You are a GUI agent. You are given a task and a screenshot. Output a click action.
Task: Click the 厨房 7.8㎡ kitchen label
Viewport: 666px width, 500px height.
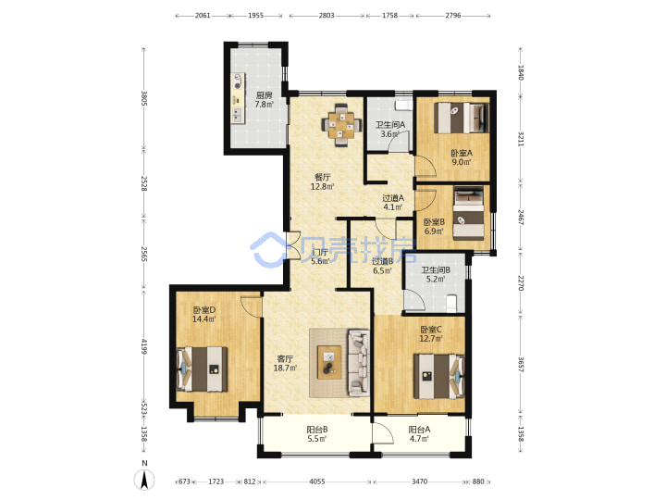pos(264,100)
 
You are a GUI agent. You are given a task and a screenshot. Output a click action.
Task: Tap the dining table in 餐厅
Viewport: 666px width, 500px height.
pos(341,125)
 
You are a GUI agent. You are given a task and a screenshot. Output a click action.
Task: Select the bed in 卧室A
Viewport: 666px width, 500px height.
pos(461,117)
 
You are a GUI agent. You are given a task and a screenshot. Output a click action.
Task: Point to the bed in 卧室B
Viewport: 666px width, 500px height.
pos(468,213)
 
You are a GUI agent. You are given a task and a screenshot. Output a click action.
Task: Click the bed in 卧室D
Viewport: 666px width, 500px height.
pos(202,369)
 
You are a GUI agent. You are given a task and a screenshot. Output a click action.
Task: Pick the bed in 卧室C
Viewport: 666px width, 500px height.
pos(439,376)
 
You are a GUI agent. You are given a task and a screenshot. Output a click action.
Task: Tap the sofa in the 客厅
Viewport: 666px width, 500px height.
pos(359,362)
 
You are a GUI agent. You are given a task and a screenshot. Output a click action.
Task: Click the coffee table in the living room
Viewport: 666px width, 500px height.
pos(329,362)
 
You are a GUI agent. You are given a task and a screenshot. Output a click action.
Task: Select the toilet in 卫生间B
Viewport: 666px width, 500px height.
pos(451,302)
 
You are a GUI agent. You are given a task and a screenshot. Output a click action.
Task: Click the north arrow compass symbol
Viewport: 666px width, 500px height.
pos(144,478)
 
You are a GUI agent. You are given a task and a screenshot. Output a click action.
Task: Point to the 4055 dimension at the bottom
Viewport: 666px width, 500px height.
pos(317,481)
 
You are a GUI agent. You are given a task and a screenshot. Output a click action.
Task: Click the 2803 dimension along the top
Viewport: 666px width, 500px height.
pos(327,16)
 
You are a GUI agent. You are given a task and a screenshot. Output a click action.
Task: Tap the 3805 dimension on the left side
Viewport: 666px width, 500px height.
pos(144,98)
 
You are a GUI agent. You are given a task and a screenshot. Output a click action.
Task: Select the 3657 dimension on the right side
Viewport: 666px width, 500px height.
pos(521,364)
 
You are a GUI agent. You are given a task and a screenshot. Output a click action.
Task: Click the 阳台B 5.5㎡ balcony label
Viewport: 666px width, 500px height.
pos(317,434)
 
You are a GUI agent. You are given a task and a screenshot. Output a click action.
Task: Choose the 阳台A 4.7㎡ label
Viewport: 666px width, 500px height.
pos(419,434)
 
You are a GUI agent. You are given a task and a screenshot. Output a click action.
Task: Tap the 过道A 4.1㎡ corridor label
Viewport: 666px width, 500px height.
pos(393,203)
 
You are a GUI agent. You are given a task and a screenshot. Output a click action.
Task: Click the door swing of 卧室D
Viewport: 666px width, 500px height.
pos(251,306)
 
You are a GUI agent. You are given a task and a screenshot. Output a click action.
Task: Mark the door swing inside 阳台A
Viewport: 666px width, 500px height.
pos(382,434)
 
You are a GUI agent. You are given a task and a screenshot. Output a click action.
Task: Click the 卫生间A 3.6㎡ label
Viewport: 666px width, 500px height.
pos(390,130)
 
